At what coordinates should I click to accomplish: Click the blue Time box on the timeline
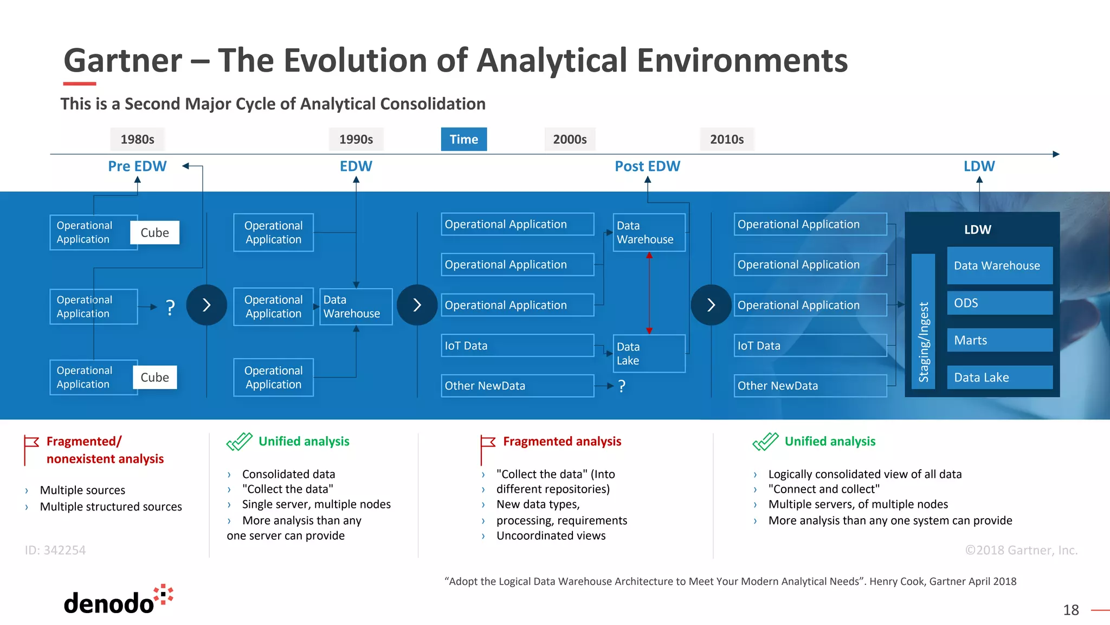point(463,139)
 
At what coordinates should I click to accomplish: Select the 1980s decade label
point(137,139)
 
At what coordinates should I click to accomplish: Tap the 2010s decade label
point(726,139)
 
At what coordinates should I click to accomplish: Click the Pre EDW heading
point(137,166)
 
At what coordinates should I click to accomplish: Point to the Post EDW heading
point(647,166)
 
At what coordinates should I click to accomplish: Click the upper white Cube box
point(154,233)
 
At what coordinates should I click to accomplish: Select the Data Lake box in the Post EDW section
point(649,354)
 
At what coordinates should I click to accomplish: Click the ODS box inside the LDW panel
point(999,303)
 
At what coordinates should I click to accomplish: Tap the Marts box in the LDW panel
point(999,340)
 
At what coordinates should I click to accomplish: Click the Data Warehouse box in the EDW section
point(356,307)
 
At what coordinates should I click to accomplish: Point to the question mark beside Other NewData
point(622,386)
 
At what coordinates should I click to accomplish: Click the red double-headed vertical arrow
point(649,293)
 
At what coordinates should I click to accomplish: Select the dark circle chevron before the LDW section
point(711,305)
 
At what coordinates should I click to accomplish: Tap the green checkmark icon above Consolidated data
point(239,442)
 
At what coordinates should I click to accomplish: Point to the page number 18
point(1070,610)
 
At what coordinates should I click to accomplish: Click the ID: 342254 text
point(55,550)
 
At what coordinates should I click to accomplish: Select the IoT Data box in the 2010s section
point(810,346)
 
